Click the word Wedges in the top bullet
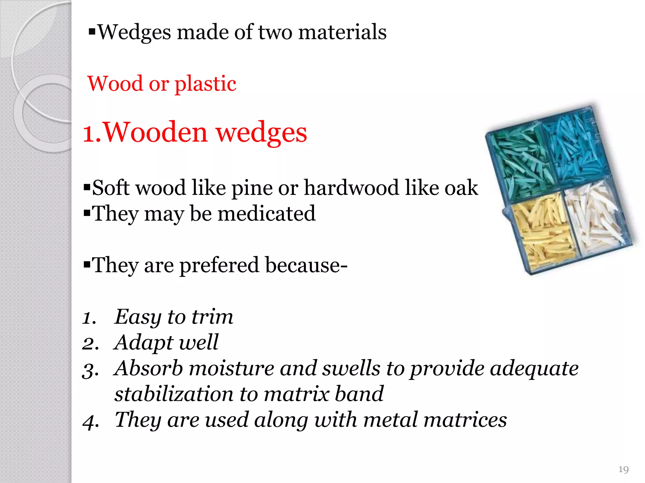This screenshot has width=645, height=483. pos(134,33)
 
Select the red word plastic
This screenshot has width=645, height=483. pos(205,84)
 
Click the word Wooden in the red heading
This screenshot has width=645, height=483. pos(155,132)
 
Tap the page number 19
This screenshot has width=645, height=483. pos(623,469)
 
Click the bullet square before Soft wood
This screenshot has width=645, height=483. pos(87,188)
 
